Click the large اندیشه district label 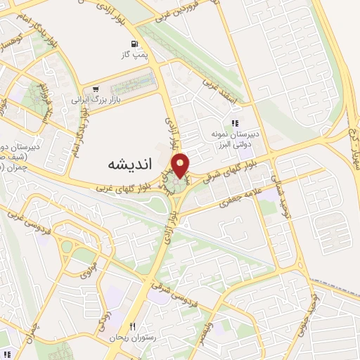[x=130, y=163]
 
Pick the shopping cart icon [x=95, y=89]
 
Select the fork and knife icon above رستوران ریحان [x=131, y=327]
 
